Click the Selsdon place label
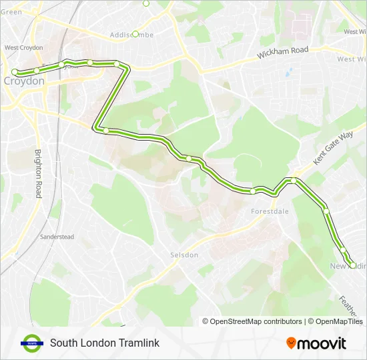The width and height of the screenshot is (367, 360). (183, 255)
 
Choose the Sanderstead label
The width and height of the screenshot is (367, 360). (56, 237)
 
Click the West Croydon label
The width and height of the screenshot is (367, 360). (24, 47)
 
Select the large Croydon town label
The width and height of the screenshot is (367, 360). (24, 81)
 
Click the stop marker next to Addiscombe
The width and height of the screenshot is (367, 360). (135, 33)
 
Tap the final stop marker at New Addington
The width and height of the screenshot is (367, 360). (352, 265)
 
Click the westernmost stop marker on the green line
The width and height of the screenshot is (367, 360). (15, 72)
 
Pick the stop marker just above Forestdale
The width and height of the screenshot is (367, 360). (254, 191)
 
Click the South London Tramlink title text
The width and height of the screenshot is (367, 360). (105, 343)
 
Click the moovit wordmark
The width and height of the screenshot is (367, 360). (322, 343)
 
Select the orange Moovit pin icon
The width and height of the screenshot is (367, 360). (291, 343)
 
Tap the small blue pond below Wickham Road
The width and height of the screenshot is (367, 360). (288, 72)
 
